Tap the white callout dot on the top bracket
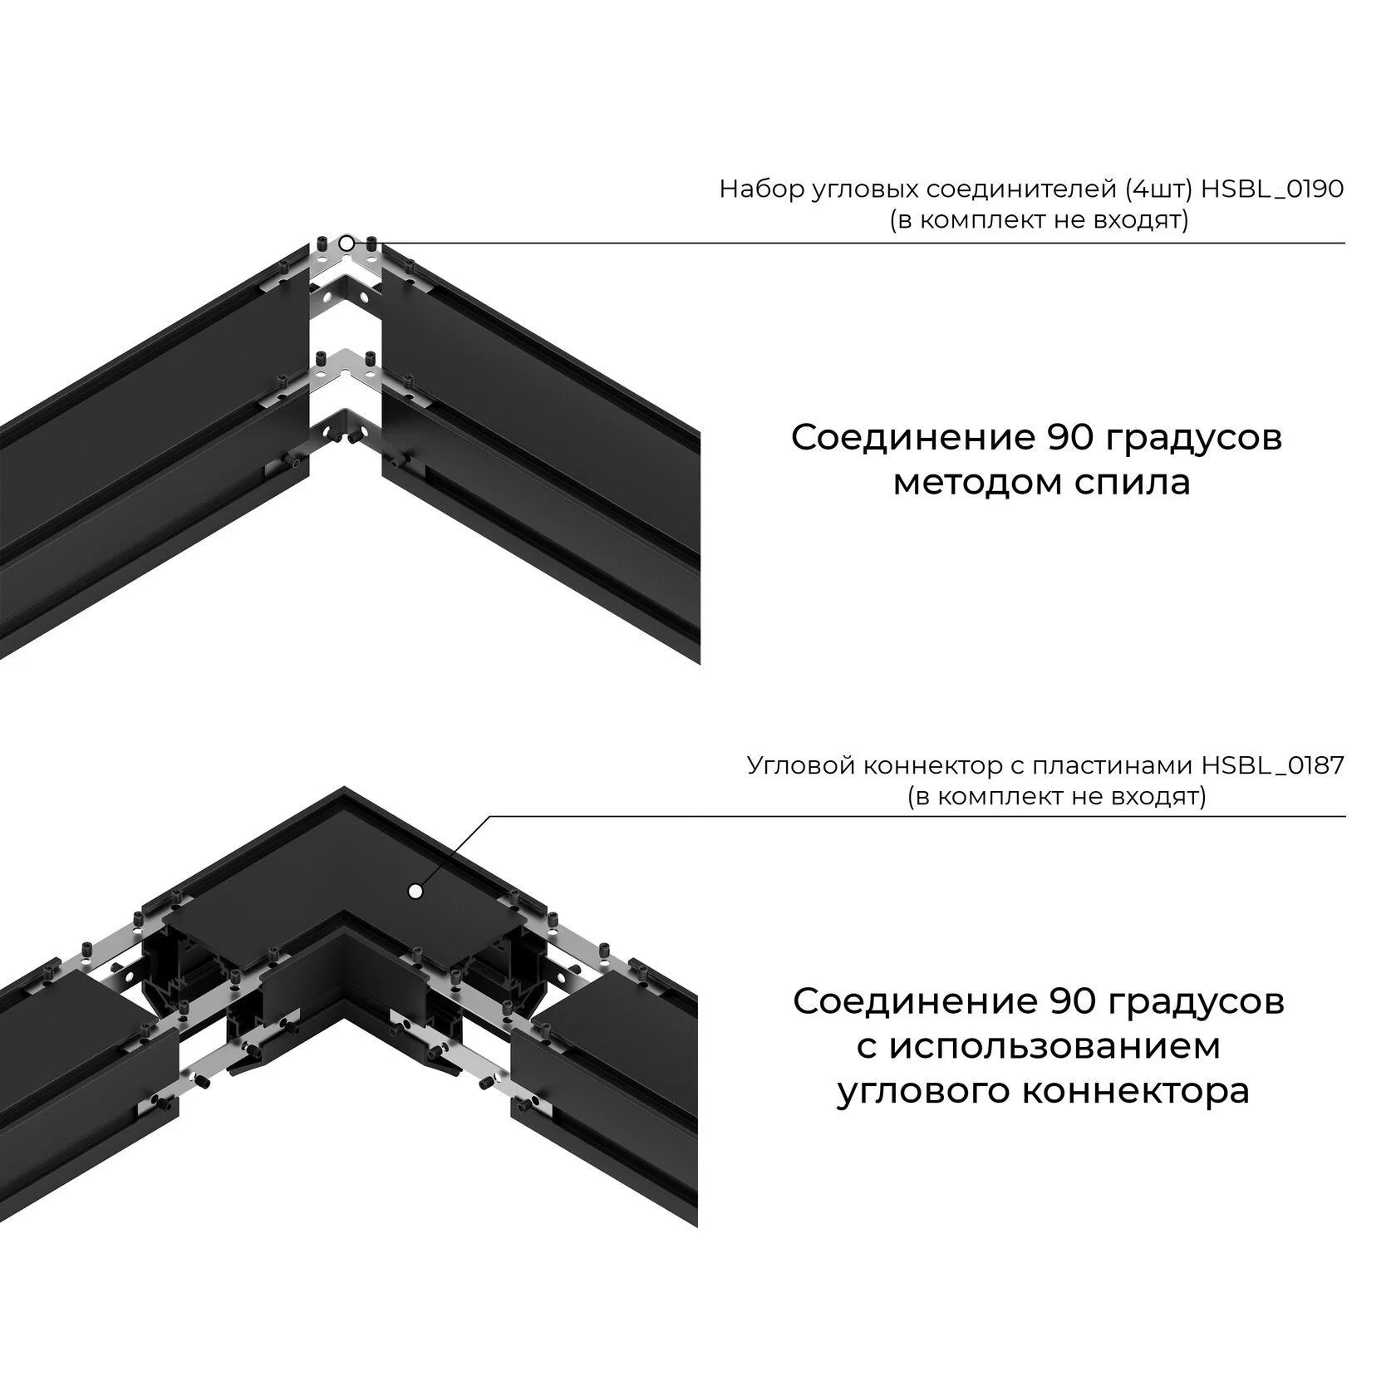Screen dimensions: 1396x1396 pos(347,243)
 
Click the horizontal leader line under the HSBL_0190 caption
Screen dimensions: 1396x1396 pos(914,243)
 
